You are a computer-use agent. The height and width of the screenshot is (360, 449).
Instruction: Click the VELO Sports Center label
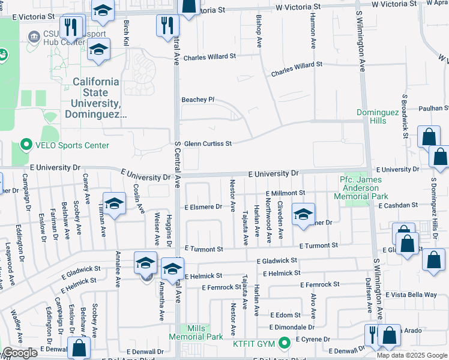click(x=71, y=145)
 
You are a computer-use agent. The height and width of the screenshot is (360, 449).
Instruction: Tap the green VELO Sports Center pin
click(x=26, y=145)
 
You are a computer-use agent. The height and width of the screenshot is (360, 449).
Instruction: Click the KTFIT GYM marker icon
click(x=285, y=343)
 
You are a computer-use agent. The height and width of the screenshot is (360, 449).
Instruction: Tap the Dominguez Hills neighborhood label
click(x=379, y=116)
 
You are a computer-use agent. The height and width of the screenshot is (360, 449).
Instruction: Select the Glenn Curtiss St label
click(x=208, y=144)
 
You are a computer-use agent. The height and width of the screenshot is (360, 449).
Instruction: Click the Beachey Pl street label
click(x=198, y=100)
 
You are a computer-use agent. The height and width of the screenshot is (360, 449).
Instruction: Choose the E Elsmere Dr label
click(x=203, y=207)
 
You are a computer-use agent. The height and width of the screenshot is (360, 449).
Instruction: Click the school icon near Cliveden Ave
click(x=304, y=214)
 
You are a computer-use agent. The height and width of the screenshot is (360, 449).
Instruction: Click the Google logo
click(x=20, y=353)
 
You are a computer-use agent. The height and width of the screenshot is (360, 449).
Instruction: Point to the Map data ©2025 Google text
click(x=411, y=355)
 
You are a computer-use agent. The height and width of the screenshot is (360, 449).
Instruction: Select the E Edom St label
click(x=285, y=315)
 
